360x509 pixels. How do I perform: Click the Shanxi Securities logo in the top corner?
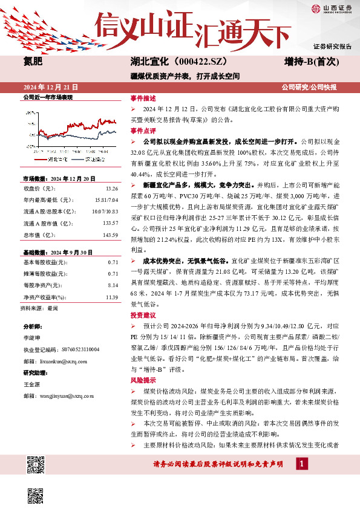point(331,8)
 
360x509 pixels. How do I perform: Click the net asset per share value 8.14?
point(111,284)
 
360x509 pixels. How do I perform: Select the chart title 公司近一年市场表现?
point(48,97)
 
